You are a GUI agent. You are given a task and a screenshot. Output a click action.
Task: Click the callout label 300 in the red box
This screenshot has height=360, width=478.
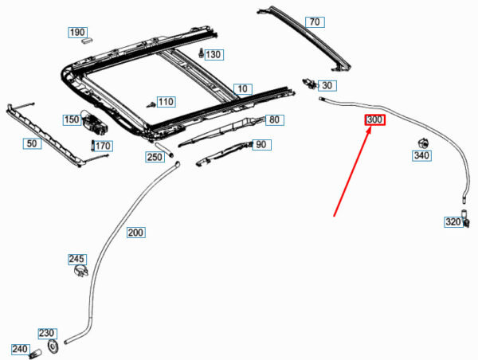[374, 120]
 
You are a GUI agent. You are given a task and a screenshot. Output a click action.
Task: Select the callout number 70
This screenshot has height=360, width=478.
[315, 22]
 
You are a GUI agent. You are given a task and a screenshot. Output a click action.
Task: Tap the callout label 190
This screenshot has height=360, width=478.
[76, 33]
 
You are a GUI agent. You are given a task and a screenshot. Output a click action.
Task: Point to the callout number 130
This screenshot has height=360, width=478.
[213, 54]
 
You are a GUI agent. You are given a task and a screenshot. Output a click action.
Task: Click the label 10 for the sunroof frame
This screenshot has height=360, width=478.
[242, 88]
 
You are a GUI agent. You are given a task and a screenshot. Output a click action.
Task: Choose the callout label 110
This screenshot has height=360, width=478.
[165, 102]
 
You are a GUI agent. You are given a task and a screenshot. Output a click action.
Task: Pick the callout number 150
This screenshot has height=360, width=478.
[72, 119]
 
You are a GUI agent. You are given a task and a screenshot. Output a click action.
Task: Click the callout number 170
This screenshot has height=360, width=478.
[104, 146]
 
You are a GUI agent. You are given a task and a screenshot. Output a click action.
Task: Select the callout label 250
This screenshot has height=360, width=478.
[155, 158]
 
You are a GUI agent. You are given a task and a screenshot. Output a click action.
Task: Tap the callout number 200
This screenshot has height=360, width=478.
[136, 233]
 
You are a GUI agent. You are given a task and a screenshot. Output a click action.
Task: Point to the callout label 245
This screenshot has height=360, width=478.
[76, 260]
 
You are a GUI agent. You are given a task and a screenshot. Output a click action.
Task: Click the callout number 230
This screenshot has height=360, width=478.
[47, 334]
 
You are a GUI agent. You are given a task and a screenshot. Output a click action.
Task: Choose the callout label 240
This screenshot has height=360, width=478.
[20, 349]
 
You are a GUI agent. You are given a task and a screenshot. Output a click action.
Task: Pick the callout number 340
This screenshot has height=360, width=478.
[421, 156]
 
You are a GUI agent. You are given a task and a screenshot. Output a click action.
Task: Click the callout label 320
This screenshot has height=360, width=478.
[453, 222]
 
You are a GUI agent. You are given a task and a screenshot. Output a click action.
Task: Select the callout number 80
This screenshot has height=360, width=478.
[274, 120]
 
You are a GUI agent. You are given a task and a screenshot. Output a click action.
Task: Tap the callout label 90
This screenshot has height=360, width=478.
[261, 145]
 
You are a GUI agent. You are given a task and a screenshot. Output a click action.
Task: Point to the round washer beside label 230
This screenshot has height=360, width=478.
[54, 346]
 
